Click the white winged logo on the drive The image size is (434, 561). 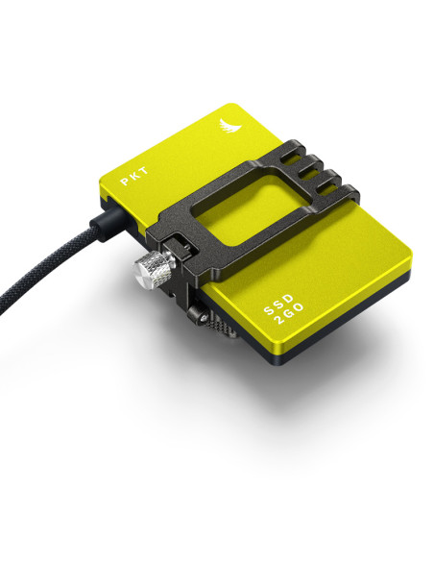click(229, 125)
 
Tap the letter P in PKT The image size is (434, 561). click(125, 182)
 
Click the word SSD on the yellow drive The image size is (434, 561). click(278, 305)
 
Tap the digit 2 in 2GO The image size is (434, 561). click(279, 320)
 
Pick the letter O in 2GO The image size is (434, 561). click(299, 307)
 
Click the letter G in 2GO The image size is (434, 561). click(288, 313)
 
